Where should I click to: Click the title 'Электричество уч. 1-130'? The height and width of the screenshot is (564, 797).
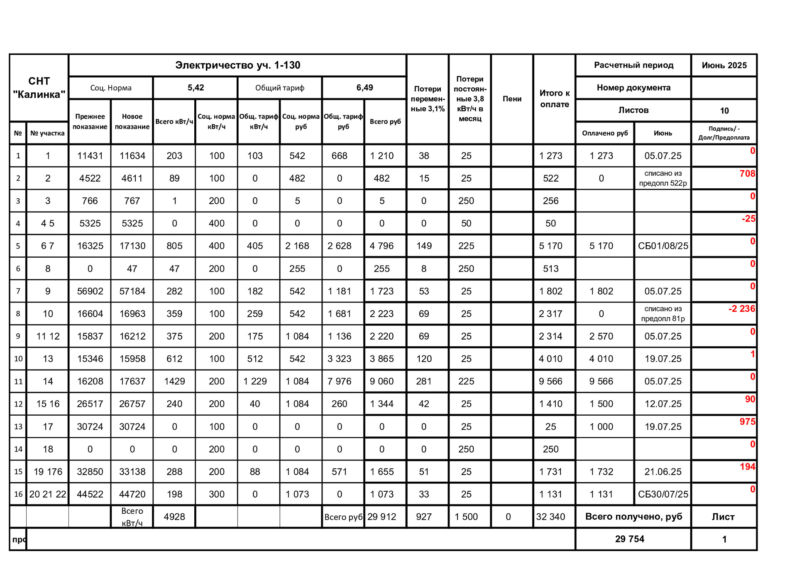237,65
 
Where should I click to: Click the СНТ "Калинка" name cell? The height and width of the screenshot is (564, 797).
39,88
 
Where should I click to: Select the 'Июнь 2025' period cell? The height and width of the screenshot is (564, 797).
724,65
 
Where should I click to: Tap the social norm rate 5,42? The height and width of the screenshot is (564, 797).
196,88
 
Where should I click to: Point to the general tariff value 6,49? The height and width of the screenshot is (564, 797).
364,88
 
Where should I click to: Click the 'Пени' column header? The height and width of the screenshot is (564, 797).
512,99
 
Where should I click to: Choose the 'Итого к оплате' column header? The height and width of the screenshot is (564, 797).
554,99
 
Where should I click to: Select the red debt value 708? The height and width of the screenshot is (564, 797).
747,174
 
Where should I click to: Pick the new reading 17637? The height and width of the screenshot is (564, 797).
132,381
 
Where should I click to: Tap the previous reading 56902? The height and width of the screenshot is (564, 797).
90,291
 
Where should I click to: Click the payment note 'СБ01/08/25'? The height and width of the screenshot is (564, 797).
663,246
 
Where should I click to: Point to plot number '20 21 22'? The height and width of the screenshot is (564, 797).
48,494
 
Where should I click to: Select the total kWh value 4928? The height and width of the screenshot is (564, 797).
174,517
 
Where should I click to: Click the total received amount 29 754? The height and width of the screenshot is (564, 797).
629,539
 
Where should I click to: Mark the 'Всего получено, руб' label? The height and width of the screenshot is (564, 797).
633,517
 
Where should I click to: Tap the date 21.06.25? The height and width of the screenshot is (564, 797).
663,472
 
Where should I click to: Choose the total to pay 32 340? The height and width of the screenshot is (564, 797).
550,517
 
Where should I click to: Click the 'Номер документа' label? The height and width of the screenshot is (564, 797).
633,88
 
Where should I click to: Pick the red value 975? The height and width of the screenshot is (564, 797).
747,422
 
